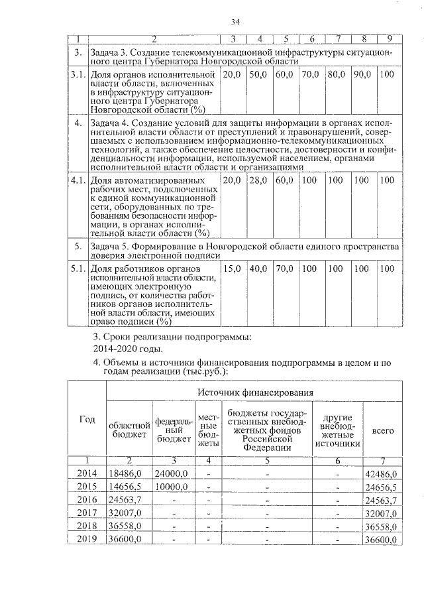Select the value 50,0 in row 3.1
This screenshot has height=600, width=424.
click(258, 76)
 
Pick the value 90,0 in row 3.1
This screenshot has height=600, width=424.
click(362, 76)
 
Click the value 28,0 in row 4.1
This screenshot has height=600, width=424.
click(258, 180)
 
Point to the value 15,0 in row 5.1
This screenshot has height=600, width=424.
click(232, 269)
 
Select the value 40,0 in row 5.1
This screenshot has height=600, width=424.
click(258, 269)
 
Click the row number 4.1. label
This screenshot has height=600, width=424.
click(78, 180)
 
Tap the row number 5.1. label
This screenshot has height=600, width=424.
click(78, 269)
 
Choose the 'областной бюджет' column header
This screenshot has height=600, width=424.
click(129, 430)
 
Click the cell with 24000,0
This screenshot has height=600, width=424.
click(172, 474)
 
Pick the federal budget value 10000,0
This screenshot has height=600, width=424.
click(172, 487)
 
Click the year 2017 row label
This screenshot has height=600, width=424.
click(87, 513)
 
